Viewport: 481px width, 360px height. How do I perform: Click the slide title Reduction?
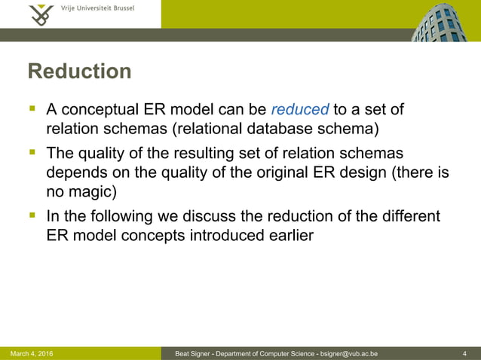coord(79,72)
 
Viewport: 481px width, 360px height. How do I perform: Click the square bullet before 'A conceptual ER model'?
coord(32,110)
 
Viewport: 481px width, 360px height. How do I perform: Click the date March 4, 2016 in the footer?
coord(32,353)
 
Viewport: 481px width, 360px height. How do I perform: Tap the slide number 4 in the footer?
coord(465,353)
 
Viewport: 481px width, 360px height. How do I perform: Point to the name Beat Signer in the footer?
coord(193,353)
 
